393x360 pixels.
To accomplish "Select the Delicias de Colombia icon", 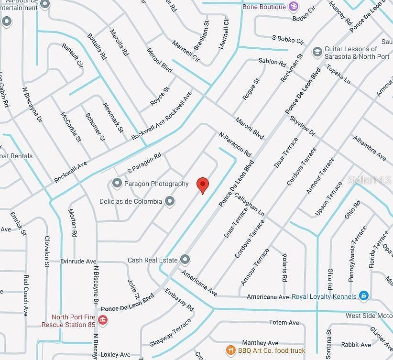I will click(x=169, y=201).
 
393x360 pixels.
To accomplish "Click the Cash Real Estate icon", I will click(x=186, y=260).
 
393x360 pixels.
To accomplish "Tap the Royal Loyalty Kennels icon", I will click(x=364, y=296).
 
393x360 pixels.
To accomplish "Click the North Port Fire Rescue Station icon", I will click(x=102, y=319).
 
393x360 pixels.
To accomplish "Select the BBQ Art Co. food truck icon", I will click(x=230, y=350).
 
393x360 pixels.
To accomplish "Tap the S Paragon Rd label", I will click(x=144, y=164).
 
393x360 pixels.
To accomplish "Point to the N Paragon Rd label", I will click(x=235, y=144).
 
